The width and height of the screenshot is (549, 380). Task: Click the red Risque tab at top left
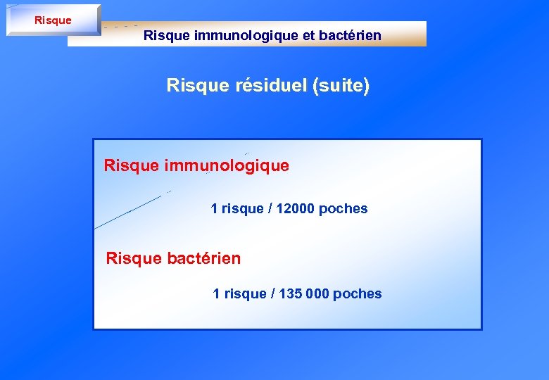click(x=53, y=20)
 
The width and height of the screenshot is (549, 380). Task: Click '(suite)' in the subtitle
click(x=342, y=86)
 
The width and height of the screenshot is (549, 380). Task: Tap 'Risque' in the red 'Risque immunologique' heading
click(x=132, y=166)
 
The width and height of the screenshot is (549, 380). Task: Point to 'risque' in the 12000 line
click(x=242, y=209)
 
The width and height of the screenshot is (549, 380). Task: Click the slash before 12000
click(x=270, y=209)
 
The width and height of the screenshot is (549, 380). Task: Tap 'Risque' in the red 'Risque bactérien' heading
click(x=134, y=259)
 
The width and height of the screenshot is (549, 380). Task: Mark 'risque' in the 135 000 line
click(x=244, y=294)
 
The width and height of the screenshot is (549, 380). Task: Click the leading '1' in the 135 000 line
click(x=217, y=294)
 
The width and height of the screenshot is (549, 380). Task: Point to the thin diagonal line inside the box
click(x=130, y=210)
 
